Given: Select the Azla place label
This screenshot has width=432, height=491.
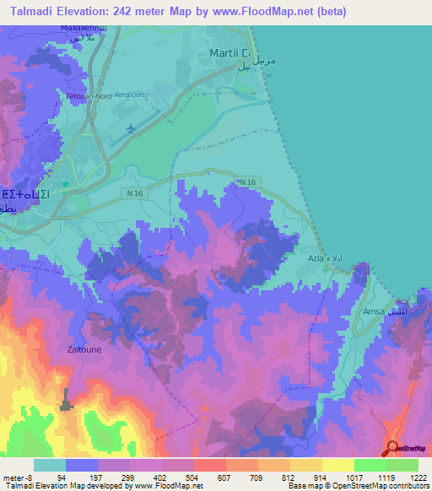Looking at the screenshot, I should point(316,258).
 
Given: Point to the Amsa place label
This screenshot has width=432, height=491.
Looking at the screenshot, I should point(374,311).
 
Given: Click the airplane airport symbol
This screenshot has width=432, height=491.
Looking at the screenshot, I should point(131,128).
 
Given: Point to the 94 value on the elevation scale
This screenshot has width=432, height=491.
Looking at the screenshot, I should point(62,477).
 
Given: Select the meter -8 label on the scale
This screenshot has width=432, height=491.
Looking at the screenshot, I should point(18,477).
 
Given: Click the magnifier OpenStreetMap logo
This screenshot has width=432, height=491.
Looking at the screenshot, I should point(391,447).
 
